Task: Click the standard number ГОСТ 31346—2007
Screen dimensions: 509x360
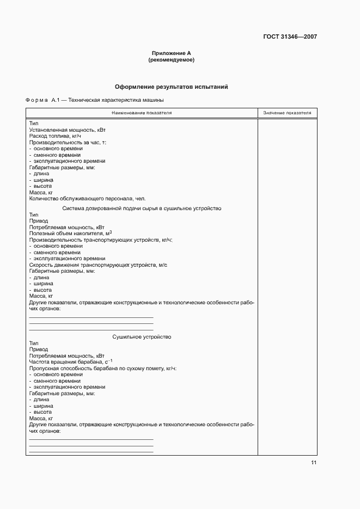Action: click(289, 37)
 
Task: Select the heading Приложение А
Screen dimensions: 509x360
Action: click(171, 53)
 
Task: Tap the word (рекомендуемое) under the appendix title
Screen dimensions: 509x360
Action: click(171, 60)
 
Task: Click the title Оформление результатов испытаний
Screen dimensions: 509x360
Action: click(171, 87)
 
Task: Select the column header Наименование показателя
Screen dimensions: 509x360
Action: click(142, 113)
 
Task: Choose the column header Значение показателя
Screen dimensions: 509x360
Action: click(287, 113)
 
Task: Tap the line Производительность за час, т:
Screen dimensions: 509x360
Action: click(67, 142)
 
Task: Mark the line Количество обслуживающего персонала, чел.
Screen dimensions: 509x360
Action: click(87, 198)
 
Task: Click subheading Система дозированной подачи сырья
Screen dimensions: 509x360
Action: click(142, 208)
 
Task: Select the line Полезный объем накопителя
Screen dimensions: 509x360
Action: click(70, 233)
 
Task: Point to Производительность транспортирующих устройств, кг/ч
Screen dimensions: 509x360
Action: click(100, 240)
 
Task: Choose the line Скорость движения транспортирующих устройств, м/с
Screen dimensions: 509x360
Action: click(97, 265)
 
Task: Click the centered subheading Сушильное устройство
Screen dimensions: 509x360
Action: click(142, 337)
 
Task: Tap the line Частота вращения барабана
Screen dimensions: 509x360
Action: click(70, 362)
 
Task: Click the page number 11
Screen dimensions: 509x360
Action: click(314, 463)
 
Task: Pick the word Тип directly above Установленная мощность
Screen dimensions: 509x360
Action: click(34, 124)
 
